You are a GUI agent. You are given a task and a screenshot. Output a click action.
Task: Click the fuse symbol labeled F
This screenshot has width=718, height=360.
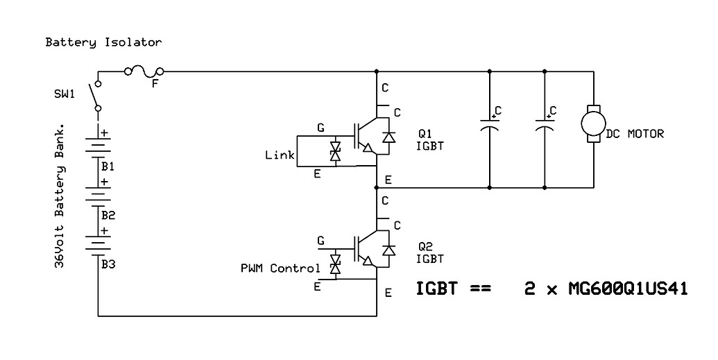pos(144,71)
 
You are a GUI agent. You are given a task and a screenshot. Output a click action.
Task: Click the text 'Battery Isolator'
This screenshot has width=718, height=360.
pos(103,42)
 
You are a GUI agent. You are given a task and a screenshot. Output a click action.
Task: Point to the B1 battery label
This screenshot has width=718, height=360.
pos(108,166)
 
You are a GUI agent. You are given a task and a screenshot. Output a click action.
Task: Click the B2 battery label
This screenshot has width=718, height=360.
pos(108,215)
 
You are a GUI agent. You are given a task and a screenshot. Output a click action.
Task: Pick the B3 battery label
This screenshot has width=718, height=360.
pos(108,264)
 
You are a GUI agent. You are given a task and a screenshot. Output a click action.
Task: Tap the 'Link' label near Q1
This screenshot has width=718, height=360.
pos(280,155)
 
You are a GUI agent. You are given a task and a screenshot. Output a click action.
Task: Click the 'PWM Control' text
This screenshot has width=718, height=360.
pos(280,268)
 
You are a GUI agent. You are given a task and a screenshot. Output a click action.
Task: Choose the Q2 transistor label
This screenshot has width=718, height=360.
pos(425,246)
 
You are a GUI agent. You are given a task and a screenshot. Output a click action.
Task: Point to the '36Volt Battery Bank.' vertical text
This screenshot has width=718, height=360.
pos(60,197)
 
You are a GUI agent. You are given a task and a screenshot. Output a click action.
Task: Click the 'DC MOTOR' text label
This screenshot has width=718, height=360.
pos(635,134)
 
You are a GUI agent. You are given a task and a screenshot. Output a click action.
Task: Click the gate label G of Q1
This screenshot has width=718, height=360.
pos(320,128)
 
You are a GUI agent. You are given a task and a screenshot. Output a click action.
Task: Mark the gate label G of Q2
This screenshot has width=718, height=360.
pos(320,241)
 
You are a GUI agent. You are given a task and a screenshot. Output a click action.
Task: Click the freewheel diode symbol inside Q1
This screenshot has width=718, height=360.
pos(388,137)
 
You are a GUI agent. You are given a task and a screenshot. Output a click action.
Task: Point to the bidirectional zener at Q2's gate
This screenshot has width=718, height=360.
pos(335,264)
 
